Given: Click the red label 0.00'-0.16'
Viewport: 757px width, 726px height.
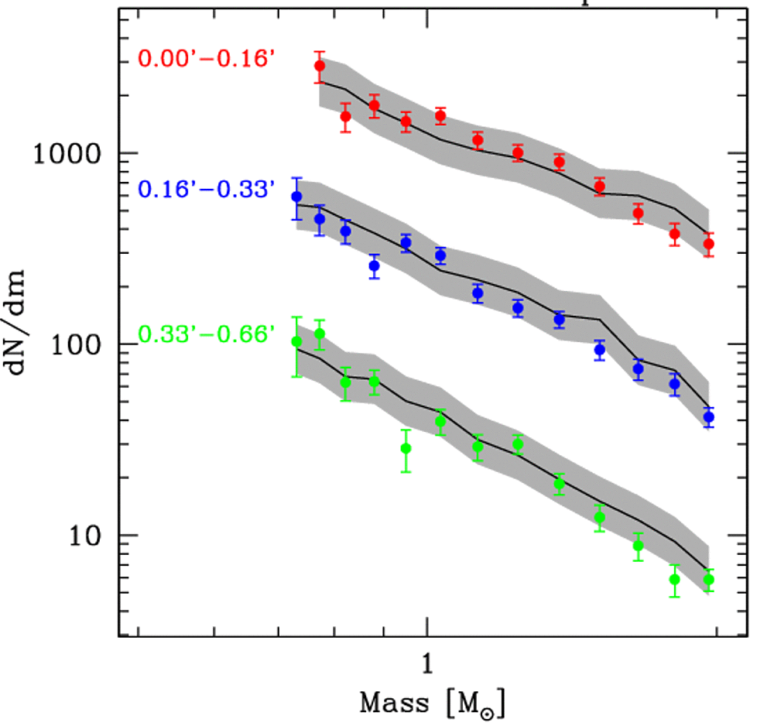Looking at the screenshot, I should click(x=207, y=59).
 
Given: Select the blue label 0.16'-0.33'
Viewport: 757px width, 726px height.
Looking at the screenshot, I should click(x=207, y=190).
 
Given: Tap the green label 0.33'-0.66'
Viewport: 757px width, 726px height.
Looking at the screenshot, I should click(x=207, y=335).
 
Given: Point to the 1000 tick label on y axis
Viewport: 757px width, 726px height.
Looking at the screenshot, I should click(x=67, y=153).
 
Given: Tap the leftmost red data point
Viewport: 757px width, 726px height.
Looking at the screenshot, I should click(x=320, y=67).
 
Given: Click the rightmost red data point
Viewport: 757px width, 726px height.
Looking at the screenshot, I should click(x=708, y=245).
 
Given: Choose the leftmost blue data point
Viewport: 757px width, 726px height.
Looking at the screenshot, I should click(x=296, y=197).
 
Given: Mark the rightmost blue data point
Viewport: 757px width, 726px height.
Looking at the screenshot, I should click(x=708, y=418).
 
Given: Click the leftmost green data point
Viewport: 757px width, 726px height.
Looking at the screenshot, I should click(x=296, y=342).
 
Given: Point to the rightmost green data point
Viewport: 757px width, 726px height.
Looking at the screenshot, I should click(x=708, y=580).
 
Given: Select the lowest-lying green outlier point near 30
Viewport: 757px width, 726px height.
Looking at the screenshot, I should click(x=406, y=448).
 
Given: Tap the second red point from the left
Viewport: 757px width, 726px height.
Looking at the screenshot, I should click(x=345, y=117).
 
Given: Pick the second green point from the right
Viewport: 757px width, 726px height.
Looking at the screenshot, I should click(x=675, y=580).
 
